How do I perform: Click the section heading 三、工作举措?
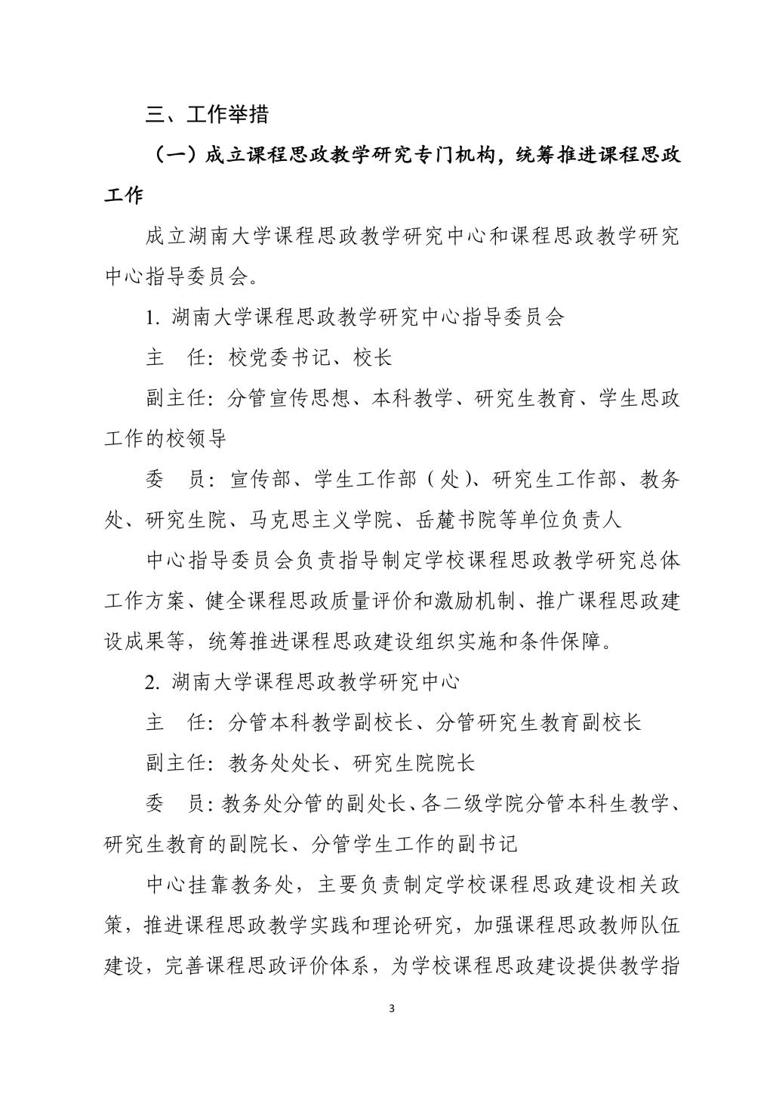(x=208, y=115)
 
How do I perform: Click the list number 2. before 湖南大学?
(x=153, y=682)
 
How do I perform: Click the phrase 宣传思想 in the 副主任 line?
(x=310, y=398)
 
